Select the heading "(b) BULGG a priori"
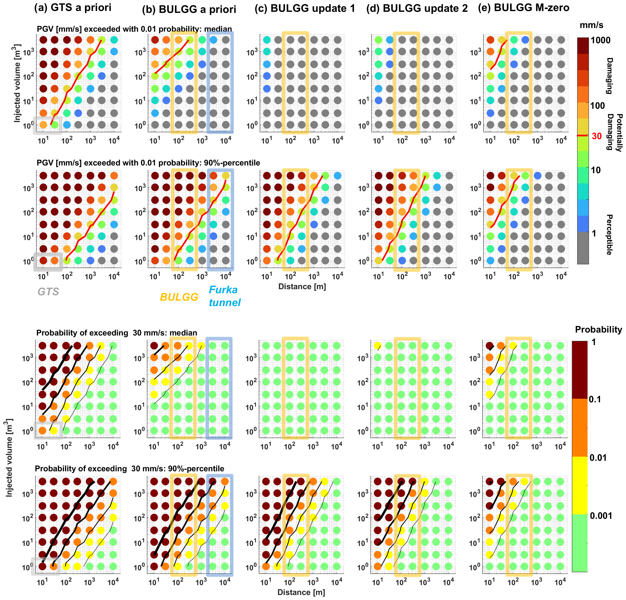tap(189, 10)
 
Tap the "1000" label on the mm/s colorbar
tap(600, 40)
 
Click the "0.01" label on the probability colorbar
tap(598, 458)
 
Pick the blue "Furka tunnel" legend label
tap(224, 296)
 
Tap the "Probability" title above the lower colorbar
tap(598, 330)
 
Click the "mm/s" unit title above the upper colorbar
tap(591, 25)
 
